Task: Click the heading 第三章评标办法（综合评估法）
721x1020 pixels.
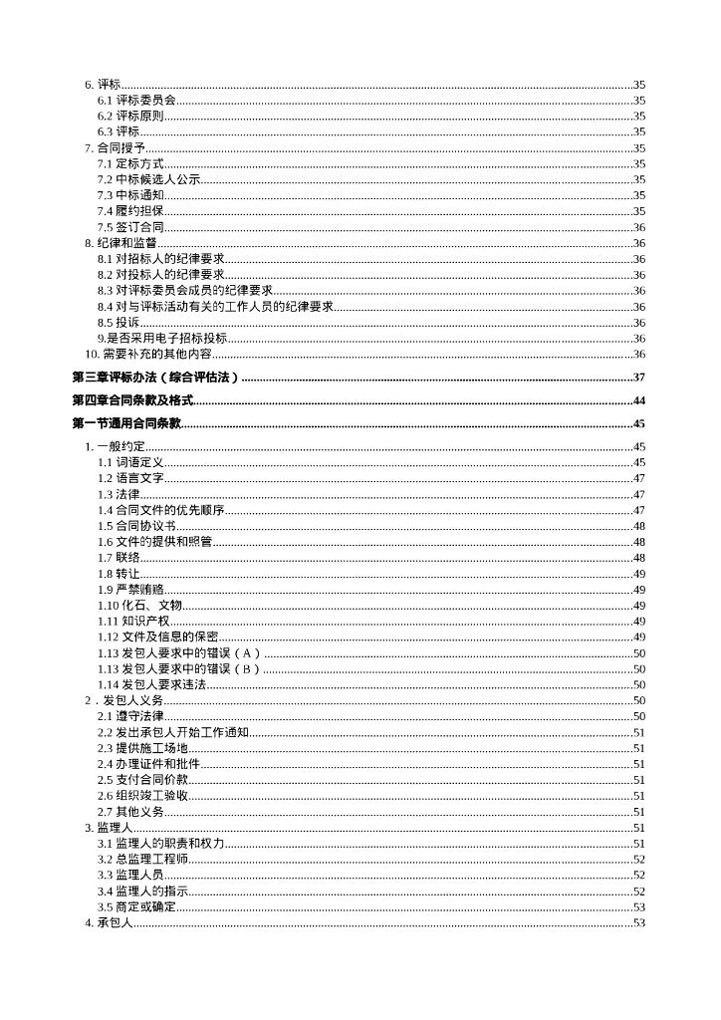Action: coord(157,378)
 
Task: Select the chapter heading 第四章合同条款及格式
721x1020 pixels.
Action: coord(132,400)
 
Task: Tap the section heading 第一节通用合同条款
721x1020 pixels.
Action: coord(126,424)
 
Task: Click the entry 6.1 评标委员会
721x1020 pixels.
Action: coord(136,100)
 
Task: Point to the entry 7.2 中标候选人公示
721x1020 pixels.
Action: coord(148,179)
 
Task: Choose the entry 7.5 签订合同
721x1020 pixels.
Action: coord(130,227)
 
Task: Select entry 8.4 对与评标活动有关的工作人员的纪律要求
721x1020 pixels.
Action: coord(215,307)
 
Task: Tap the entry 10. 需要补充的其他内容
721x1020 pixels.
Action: coord(148,355)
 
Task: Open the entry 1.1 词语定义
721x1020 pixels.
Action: coord(130,462)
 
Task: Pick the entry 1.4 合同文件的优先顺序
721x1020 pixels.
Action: coord(160,510)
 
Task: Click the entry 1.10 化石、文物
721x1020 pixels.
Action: coord(139,606)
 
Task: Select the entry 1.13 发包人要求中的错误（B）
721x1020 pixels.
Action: coord(178,669)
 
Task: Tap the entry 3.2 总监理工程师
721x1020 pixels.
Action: coord(142,859)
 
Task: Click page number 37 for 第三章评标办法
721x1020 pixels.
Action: coord(639,378)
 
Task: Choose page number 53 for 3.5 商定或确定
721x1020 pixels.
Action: coord(639,907)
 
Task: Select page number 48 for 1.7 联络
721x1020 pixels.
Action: coord(639,558)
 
